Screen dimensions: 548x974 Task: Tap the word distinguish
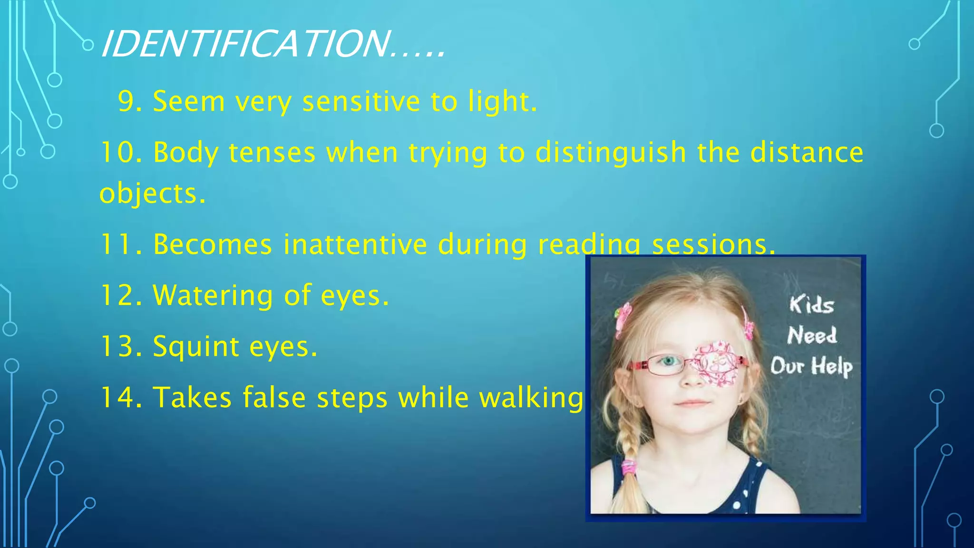coord(611,153)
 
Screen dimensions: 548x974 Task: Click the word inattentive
coord(355,245)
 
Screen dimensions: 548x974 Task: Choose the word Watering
coord(213,295)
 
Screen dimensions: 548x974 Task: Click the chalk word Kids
coord(811,304)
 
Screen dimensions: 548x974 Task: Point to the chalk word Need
coord(812,335)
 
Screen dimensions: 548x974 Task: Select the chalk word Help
coord(832,366)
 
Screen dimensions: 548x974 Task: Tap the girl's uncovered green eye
coord(669,362)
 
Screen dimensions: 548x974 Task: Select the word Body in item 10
coord(185,153)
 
